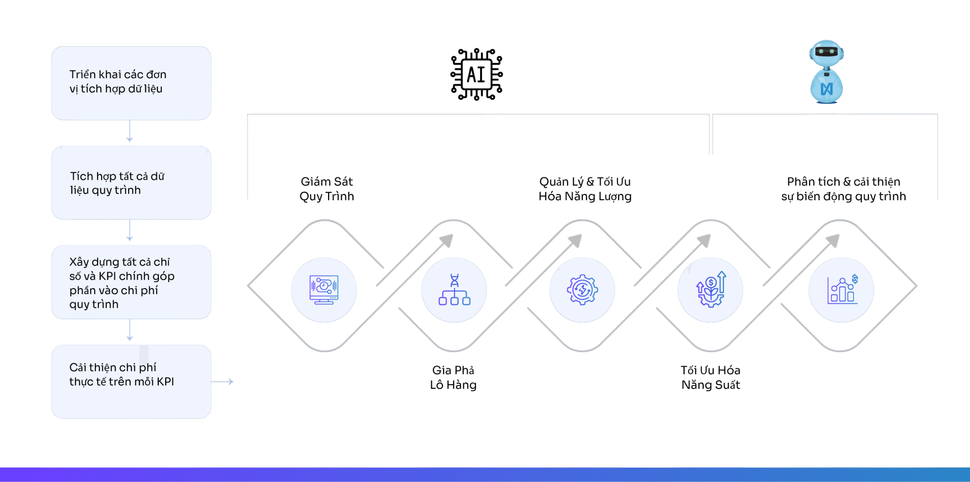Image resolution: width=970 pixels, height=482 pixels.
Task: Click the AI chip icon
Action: [476, 74]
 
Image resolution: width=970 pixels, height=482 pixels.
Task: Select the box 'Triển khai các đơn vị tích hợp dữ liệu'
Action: [131, 83]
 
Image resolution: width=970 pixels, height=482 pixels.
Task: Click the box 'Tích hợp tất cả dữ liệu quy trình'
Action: [131, 183]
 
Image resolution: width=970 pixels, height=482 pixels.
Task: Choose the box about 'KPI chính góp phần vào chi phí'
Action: [131, 282]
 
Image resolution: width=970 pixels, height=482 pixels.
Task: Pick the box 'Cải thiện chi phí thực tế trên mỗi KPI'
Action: [131, 381]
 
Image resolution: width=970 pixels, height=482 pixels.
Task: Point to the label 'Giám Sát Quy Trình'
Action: [327, 189]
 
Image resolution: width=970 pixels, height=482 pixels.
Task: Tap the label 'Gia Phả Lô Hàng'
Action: [453, 377]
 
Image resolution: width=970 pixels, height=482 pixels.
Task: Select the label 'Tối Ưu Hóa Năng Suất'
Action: [710, 377]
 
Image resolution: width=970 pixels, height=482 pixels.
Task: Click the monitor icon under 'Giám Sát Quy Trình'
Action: [324, 290]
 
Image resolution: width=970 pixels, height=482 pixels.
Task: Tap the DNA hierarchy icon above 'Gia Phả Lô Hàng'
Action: [454, 290]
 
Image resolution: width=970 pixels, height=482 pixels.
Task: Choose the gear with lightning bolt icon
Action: [582, 290]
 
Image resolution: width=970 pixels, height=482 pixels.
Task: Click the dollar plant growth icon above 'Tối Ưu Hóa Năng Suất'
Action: [711, 290]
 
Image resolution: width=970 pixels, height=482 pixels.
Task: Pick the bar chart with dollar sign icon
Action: [842, 290]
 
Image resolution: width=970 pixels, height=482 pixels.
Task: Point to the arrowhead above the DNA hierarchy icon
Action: [447, 240]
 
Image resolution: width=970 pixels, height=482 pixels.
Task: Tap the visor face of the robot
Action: [826, 51]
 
